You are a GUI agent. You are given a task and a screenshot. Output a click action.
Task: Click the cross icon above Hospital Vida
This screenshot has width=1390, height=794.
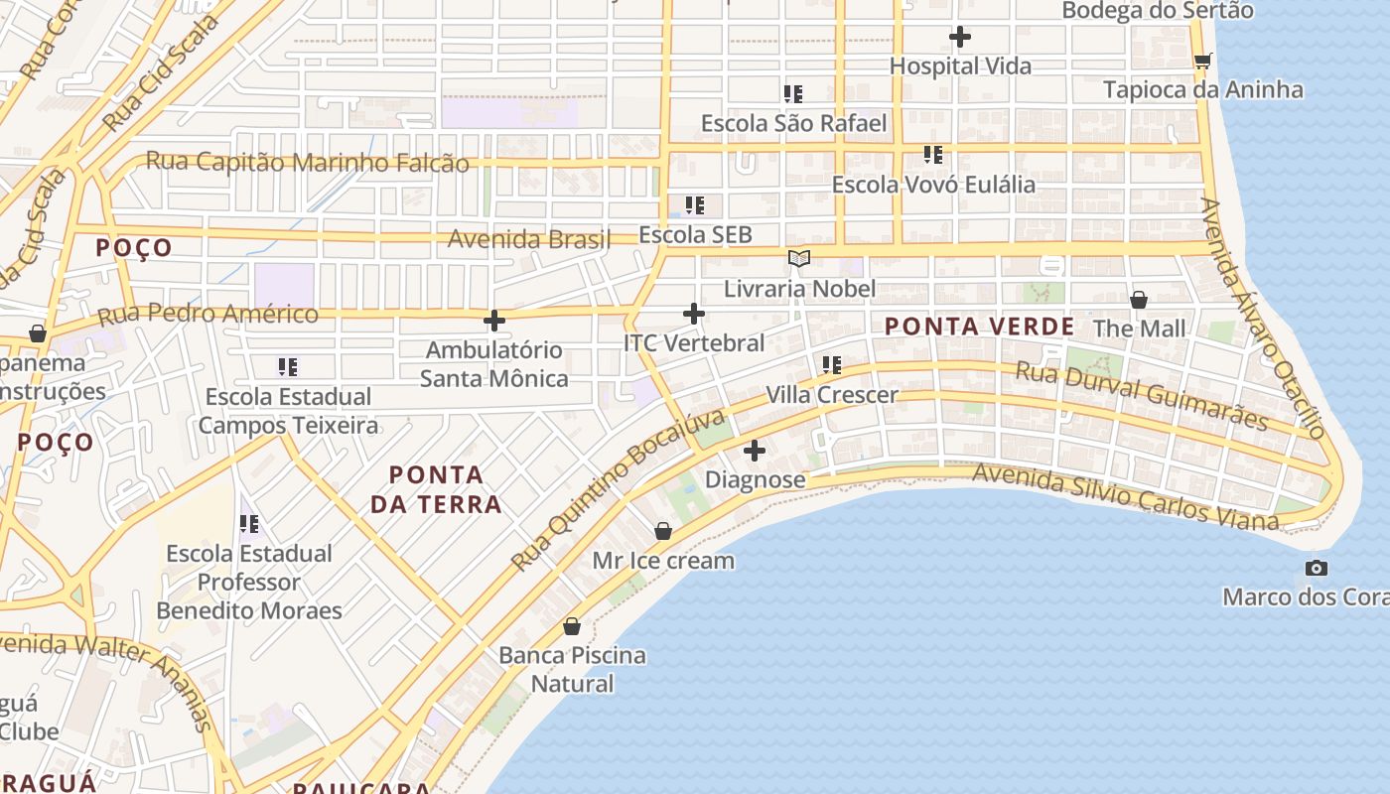click(x=959, y=38)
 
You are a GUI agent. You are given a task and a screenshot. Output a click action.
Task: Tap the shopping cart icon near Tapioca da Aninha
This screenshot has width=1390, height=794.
click(x=1202, y=62)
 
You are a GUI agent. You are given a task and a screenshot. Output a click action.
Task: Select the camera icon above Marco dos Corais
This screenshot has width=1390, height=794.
click(x=1317, y=568)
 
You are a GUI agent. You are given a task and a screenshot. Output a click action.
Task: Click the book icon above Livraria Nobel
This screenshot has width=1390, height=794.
click(x=798, y=259)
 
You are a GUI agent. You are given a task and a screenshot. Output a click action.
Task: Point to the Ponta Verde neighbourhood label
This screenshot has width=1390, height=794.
click(x=979, y=327)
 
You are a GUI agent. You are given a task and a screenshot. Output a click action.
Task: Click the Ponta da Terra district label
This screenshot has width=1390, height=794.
click(x=436, y=489)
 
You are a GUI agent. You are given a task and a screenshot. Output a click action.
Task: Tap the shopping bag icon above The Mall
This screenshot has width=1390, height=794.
click(x=1139, y=299)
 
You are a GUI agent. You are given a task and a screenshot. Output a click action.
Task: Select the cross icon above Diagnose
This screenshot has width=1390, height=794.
click(x=755, y=451)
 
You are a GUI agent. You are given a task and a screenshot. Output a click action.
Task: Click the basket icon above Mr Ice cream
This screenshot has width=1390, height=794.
click(x=663, y=532)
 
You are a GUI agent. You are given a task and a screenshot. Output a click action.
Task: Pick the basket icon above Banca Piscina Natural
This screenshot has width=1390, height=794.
click(x=572, y=626)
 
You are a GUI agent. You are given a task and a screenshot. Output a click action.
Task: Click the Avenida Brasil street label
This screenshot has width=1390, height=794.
click(x=528, y=239)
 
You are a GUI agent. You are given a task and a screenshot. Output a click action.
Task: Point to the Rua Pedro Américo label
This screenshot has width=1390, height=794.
click(x=208, y=316)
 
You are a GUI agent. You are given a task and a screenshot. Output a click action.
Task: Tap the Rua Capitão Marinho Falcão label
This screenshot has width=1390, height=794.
click(x=308, y=162)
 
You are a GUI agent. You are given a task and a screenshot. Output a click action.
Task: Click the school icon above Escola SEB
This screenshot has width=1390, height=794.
click(x=695, y=205)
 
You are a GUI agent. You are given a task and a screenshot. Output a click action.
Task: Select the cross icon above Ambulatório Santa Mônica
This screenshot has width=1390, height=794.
click(x=493, y=321)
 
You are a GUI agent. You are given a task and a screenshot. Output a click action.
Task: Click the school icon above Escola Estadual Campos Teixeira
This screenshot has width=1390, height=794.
click(x=288, y=367)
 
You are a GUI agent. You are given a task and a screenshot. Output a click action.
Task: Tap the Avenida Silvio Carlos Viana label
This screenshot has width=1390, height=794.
click(x=1125, y=496)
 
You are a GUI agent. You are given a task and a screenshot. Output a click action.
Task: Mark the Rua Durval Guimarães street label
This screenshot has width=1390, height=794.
click(x=1142, y=396)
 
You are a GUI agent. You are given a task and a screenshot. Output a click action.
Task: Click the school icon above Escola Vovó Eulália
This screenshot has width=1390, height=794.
click(x=933, y=155)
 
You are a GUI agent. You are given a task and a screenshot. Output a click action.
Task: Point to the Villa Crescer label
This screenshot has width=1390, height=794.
click(x=831, y=395)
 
